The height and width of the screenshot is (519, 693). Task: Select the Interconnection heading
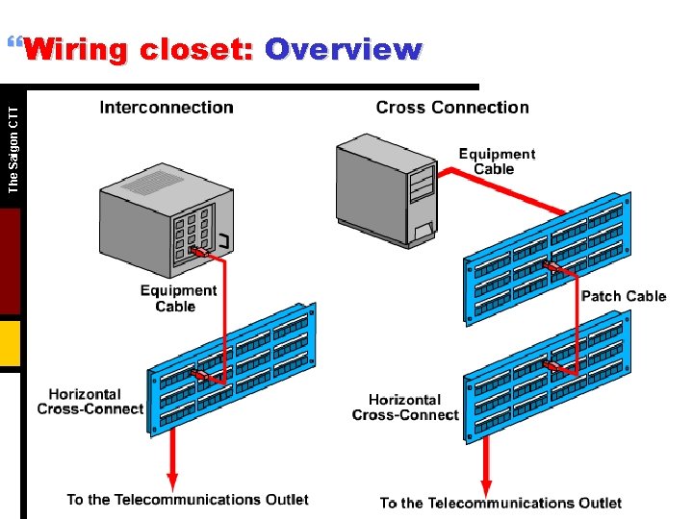click(167, 108)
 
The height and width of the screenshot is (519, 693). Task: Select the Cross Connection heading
click(452, 108)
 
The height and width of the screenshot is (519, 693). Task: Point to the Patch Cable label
click(623, 296)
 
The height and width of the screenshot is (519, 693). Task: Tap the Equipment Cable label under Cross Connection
click(497, 161)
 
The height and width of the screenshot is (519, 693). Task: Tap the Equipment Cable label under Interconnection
click(178, 298)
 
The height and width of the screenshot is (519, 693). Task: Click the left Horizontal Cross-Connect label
click(90, 402)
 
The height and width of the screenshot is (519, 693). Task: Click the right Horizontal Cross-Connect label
click(405, 407)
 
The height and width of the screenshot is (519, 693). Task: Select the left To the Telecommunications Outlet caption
click(188, 499)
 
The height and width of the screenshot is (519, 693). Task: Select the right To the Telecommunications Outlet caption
click(500, 503)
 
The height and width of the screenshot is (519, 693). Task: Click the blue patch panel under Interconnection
click(231, 365)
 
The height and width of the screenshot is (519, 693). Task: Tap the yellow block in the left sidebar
click(10, 344)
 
